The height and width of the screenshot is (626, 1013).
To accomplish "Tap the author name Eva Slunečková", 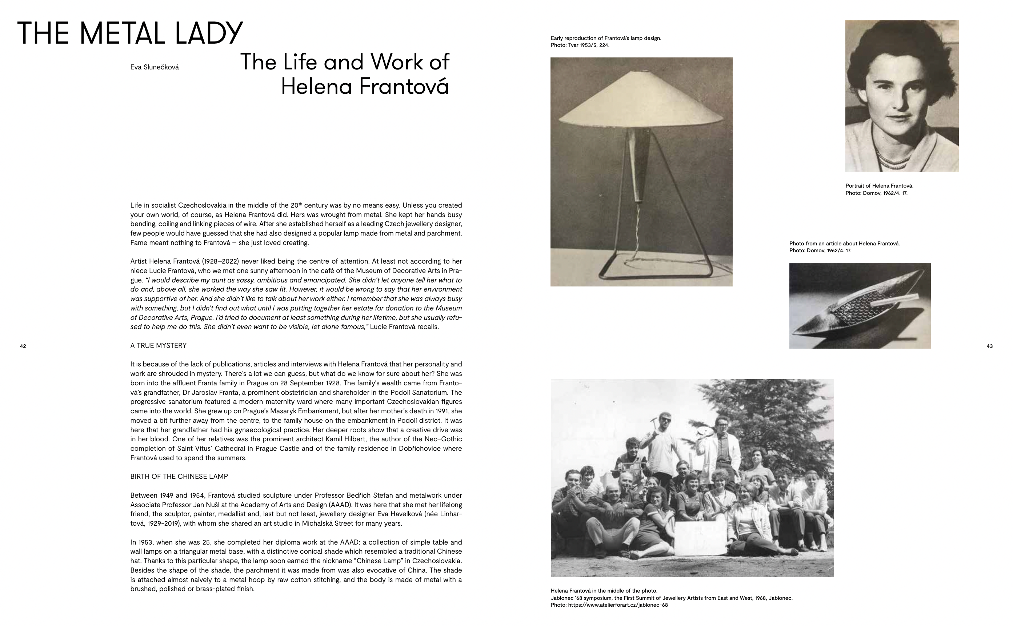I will [x=155, y=67].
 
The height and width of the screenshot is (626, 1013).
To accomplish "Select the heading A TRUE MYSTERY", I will [x=158, y=346].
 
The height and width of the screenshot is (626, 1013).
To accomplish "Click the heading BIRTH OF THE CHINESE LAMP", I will [x=179, y=477].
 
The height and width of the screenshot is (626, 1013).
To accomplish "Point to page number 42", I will [x=23, y=346].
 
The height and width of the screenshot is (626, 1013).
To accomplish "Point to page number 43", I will [x=989, y=346].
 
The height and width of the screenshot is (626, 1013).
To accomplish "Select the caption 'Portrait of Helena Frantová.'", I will [x=879, y=186].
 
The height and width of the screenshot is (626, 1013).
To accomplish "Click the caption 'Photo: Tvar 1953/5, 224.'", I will [x=580, y=45].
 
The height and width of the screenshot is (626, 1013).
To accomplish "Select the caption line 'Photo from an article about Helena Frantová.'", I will [x=845, y=244].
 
